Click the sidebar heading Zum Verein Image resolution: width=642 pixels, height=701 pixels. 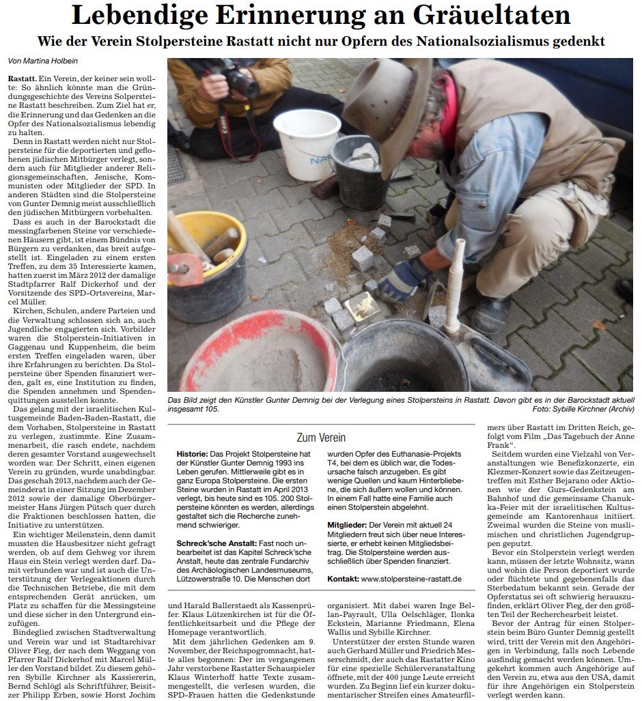[320, 438]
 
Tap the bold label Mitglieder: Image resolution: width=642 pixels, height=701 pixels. [350, 525]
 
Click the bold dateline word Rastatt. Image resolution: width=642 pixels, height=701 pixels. [22, 80]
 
